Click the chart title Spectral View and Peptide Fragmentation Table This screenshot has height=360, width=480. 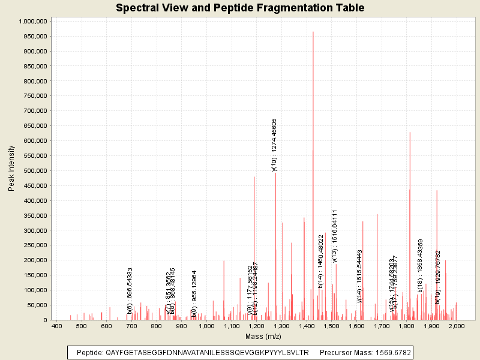pos(240,8)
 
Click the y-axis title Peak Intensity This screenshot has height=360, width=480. pos(11,170)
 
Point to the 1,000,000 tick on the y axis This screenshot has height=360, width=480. pos(33,21)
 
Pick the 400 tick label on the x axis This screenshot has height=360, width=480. pos(56,326)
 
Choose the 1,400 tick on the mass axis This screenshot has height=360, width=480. pos(307,326)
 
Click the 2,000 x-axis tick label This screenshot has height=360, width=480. pos(457,326)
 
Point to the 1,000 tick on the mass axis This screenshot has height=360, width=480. pos(206,326)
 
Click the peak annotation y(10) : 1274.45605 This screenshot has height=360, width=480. pos(274,145)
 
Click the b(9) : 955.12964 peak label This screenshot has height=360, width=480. pos(194,293)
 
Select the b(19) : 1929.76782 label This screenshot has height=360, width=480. pos(438,277)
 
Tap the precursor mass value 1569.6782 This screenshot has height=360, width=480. pos(386,353)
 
